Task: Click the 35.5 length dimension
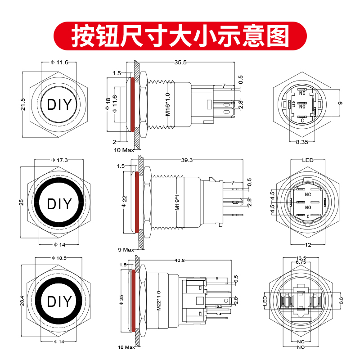coord(180,63)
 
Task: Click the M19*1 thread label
coord(177,202)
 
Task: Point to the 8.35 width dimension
coord(302,142)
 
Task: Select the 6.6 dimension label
coord(340,299)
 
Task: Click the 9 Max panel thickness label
coord(126,249)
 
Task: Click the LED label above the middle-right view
coord(307,160)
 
